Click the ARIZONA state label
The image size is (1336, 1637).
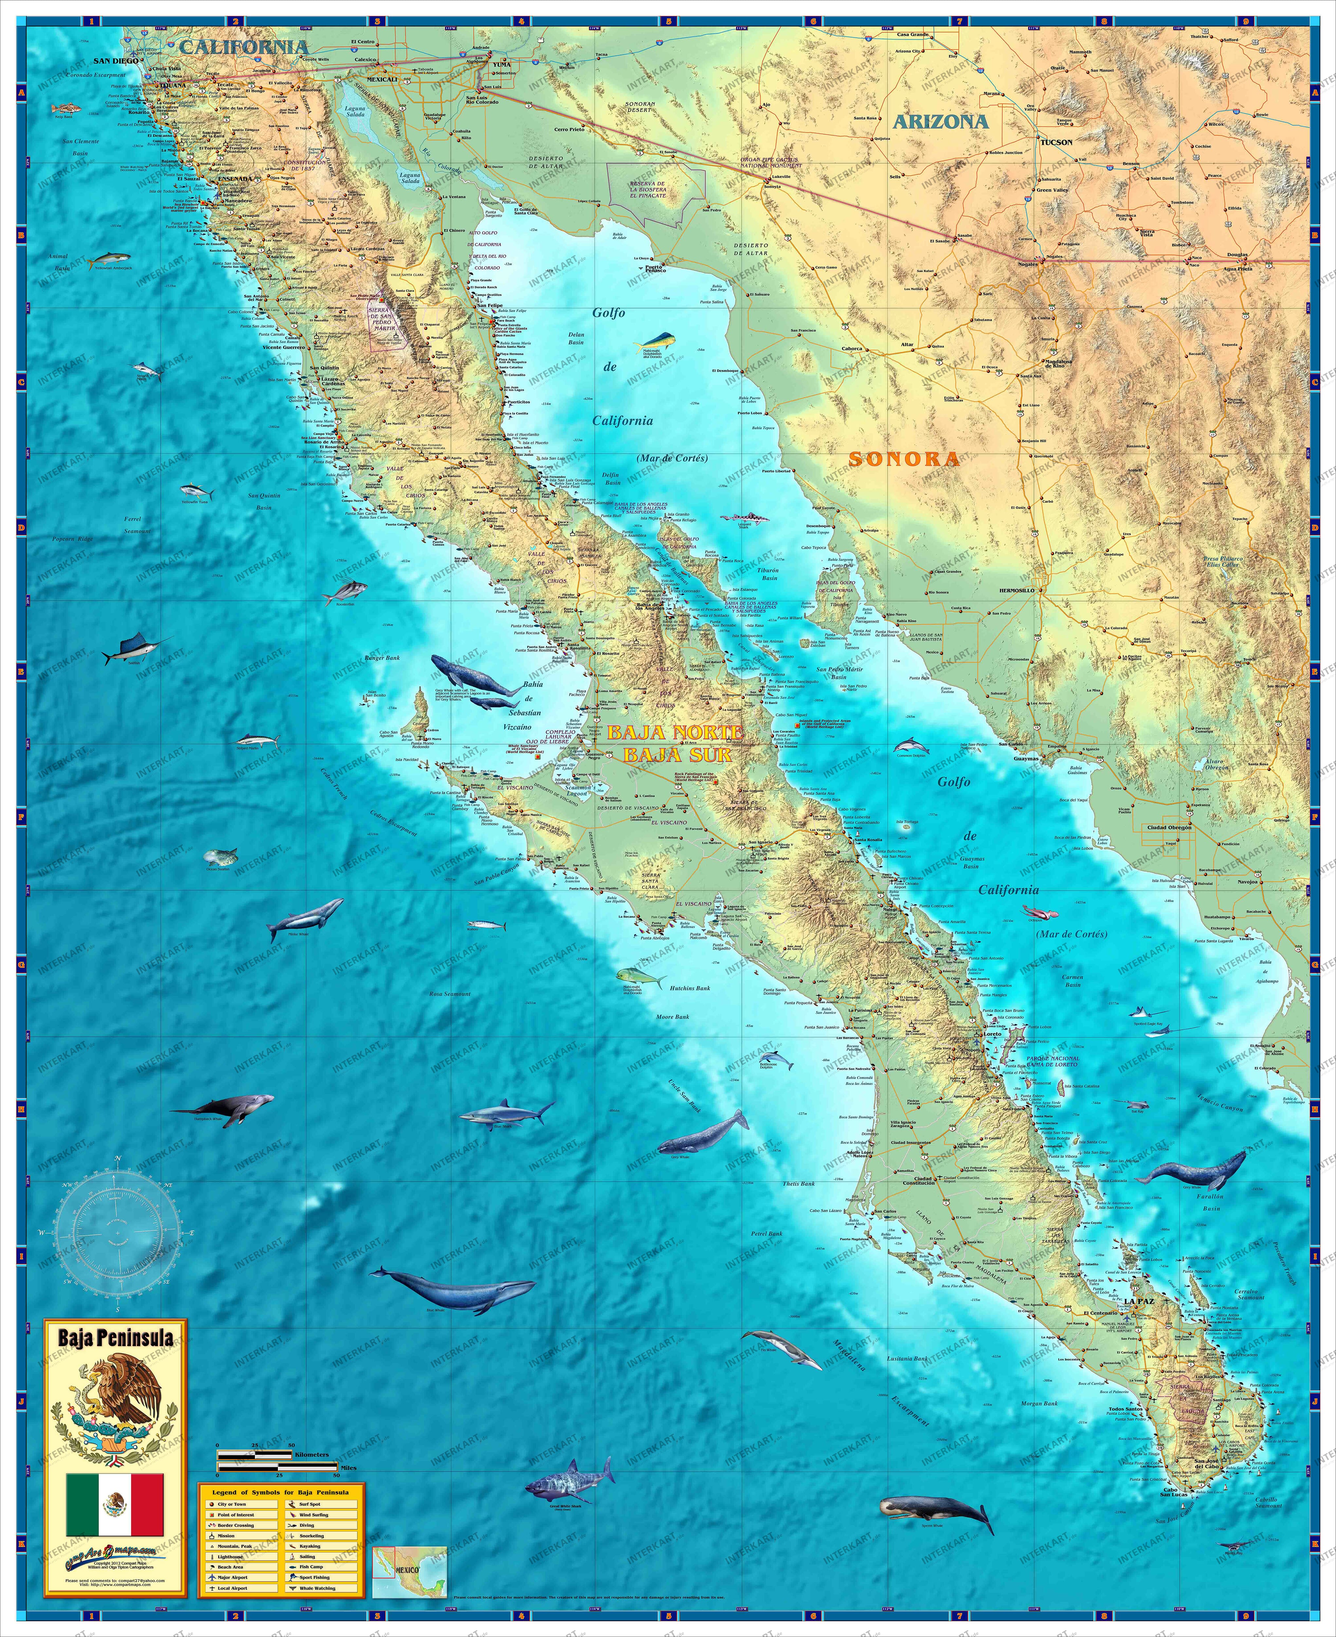940,121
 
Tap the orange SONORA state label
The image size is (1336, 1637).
904,459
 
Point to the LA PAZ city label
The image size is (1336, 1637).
1138,1301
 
